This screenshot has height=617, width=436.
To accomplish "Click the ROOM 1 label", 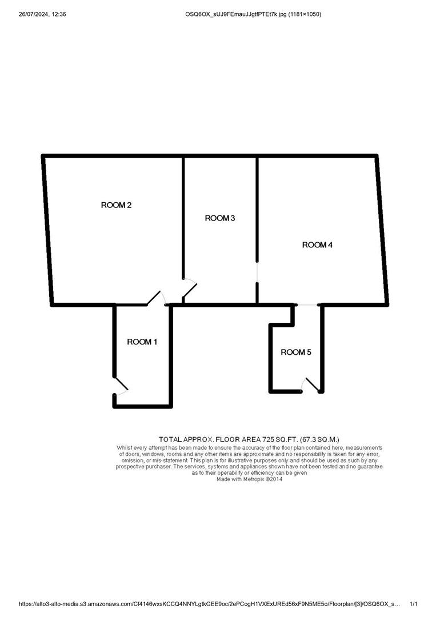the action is point(142,342).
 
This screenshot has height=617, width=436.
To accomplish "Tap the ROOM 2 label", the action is point(116,205).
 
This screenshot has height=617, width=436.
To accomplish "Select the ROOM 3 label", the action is point(220,218).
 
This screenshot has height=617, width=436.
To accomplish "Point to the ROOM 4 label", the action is point(317,245).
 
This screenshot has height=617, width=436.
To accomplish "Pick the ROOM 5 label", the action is point(296,352).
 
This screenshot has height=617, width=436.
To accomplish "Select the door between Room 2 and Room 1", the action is point(157,298).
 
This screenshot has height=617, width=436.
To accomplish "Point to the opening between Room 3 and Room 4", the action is point(257,272).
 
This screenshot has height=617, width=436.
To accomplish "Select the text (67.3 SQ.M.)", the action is point(319,439).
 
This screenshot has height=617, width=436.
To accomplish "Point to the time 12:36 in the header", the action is point(58,14).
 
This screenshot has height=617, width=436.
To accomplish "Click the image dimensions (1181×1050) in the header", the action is point(305,14).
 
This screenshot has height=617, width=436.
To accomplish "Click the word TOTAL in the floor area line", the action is point(170,439).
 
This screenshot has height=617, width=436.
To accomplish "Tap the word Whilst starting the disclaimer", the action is point(125,448).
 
